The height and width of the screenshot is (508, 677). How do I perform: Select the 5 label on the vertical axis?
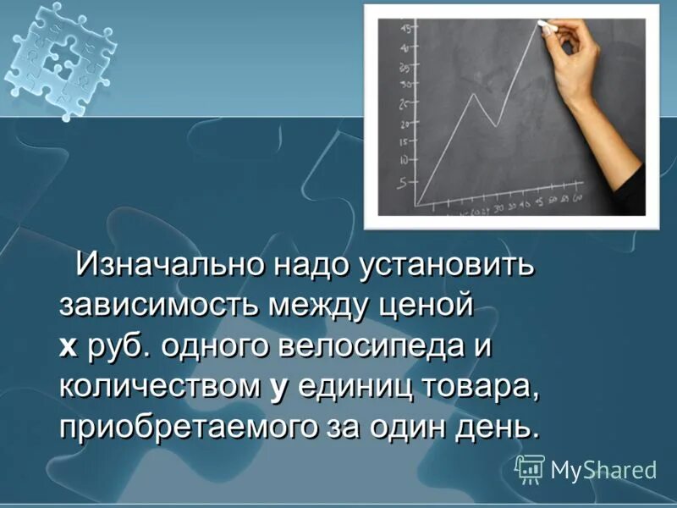tap(402, 182)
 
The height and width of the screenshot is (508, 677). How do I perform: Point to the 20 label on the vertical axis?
tap(403, 124)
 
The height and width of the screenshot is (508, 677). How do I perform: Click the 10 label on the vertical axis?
tap(402, 159)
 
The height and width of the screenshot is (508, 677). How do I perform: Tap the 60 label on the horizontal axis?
tap(577, 199)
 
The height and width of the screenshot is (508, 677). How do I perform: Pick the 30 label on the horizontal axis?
tap(499, 206)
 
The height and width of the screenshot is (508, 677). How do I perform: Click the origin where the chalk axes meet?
tap(416, 205)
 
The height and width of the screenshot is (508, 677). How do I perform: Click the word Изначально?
tap(169, 264)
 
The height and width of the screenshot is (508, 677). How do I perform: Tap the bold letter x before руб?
tap(67, 346)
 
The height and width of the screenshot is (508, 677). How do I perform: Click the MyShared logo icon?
tap(530, 468)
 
